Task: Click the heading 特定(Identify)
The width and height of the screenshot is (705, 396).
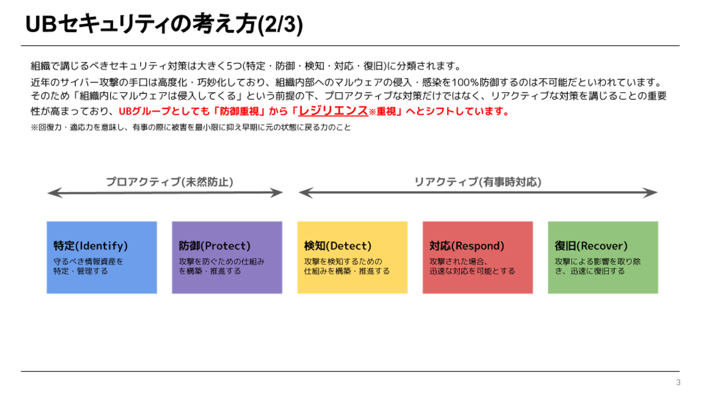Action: click(90, 246)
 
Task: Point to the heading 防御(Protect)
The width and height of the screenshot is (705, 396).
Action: click(215, 246)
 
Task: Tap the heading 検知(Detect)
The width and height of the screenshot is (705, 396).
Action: click(338, 246)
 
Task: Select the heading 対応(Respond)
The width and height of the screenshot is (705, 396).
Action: click(467, 246)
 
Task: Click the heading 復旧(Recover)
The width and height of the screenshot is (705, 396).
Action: click(591, 246)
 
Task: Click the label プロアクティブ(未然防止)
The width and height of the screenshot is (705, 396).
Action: click(169, 182)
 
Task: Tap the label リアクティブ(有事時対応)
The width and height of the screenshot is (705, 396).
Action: click(477, 182)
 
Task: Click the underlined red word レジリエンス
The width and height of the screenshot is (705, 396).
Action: click(333, 111)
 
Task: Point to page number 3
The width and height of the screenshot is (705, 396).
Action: click(678, 383)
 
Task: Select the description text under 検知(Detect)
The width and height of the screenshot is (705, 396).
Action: click(347, 266)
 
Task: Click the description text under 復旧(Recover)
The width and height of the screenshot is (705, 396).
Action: click(598, 266)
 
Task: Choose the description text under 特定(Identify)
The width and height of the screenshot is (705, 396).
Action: click(88, 266)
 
